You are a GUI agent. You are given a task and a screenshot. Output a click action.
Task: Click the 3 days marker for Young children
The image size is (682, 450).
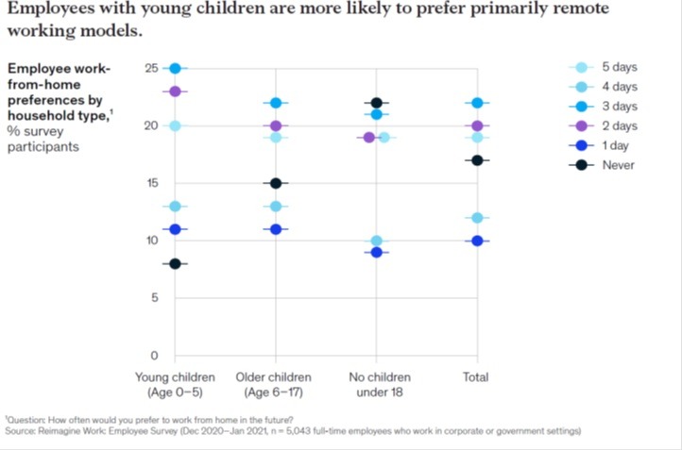tap(175, 68)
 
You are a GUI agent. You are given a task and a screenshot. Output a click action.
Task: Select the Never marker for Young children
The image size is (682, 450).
tap(175, 263)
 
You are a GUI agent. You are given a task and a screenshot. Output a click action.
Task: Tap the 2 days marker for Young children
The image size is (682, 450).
tap(175, 91)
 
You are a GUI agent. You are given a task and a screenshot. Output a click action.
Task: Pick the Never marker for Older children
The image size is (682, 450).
tap(275, 183)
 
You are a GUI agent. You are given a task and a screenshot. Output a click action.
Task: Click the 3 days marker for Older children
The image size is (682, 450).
tap(275, 103)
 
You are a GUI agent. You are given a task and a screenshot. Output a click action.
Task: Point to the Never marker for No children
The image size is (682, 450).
tap(376, 103)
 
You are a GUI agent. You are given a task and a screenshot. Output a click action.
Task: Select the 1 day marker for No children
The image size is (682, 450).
tap(376, 252)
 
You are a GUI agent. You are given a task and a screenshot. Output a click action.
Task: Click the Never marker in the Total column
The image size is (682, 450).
tap(478, 160)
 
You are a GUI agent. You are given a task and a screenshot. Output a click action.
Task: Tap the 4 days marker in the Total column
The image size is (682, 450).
tap(478, 218)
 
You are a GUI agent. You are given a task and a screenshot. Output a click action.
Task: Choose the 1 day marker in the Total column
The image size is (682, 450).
tap(478, 241)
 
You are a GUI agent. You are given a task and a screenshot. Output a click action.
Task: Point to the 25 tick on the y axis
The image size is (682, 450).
tap(151, 68)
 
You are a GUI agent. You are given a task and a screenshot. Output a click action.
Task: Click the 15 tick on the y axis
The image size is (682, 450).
tap(151, 183)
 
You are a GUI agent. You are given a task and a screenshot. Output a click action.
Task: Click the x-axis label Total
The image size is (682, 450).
tap(475, 377)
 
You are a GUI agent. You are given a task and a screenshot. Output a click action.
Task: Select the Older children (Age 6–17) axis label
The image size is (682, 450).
tap(275, 385)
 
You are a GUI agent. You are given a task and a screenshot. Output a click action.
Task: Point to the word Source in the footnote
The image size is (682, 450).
tap(21, 431)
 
